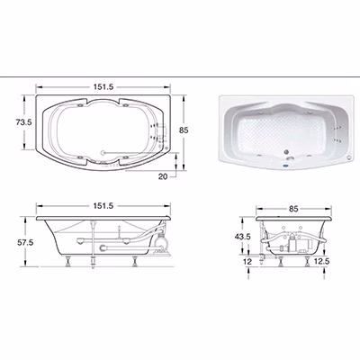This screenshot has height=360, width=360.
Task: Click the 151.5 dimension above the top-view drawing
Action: pyautogui.click(x=103, y=87)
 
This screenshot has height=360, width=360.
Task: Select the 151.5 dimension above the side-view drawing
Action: pyautogui.click(x=103, y=206)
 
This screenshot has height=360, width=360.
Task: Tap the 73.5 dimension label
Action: pyautogui.click(x=23, y=122)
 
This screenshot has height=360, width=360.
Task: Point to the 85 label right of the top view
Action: pyautogui.click(x=184, y=130)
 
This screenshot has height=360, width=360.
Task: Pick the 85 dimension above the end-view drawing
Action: pyautogui.click(x=293, y=209)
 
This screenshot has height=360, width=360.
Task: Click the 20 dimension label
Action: pyautogui.click(x=163, y=176)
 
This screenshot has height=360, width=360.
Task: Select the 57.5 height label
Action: pyautogui.click(x=25, y=242)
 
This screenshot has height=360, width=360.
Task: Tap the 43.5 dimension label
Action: pyautogui.click(x=242, y=237)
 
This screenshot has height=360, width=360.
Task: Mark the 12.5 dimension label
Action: pyautogui.click(x=321, y=261)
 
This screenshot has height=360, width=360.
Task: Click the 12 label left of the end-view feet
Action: pyautogui.click(x=247, y=262)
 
